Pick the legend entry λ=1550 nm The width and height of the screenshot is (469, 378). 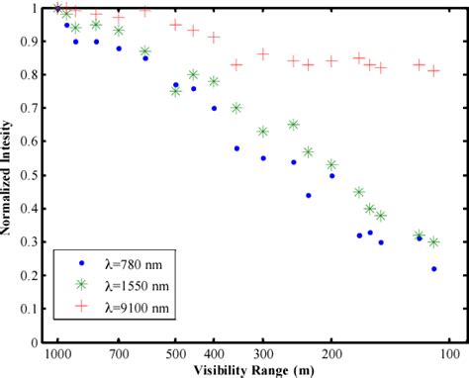click(135, 285)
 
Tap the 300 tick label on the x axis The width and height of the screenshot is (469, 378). click(263, 353)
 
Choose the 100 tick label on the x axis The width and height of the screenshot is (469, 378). click(450, 353)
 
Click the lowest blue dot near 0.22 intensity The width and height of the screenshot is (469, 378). click(433, 269)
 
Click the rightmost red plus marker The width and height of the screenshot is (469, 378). click(433, 71)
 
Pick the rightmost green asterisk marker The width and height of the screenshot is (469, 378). click(433, 242)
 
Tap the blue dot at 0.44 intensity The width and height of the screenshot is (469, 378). click(309, 195)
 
